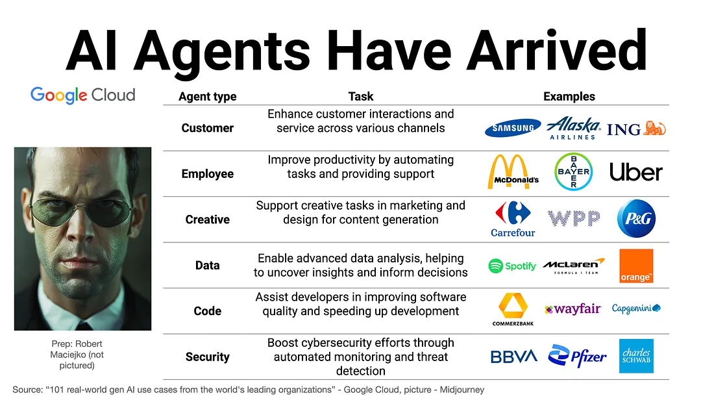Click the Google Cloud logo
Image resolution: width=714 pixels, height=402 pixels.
(x=82, y=95)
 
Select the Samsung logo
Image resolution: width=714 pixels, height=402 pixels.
(x=513, y=128)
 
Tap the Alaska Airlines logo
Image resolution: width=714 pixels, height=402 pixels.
(x=572, y=128)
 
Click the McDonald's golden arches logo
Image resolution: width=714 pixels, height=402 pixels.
(x=513, y=172)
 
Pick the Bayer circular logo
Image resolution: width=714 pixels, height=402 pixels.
(x=573, y=172)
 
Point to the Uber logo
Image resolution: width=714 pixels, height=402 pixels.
(x=635, y=172)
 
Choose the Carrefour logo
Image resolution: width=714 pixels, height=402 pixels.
(x=512, y=219)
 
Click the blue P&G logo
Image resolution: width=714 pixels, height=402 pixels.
(x=636, y=219)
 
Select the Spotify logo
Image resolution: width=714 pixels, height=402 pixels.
(x=512, y=266)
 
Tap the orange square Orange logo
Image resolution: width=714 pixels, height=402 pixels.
(x=636, y=266)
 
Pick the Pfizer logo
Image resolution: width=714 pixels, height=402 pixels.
(x=577, y=356)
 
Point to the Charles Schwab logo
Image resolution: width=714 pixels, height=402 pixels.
(x=636, y=356)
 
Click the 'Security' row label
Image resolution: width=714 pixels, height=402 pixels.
(x=208, y=357)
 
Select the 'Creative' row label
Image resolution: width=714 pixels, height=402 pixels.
(x=208, y=220)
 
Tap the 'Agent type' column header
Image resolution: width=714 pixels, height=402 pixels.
(x=208, y=97)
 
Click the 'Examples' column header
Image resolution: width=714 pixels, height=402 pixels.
(x=569, y=97)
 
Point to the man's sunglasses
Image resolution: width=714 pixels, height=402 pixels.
(x=82, y=212)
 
